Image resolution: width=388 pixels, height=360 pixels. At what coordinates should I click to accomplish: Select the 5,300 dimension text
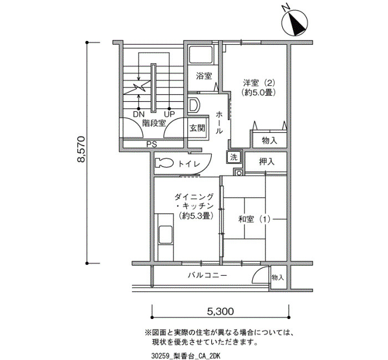point(220,311)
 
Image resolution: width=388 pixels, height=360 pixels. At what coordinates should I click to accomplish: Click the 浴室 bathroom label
point(204,76)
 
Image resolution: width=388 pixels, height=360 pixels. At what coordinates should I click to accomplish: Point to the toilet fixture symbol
point(164,163)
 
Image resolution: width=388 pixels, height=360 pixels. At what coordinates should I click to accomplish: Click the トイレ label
point(189,164)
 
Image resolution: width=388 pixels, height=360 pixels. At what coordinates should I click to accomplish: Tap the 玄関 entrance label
point(197,128)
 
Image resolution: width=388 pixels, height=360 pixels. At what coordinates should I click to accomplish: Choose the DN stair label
point(139,114)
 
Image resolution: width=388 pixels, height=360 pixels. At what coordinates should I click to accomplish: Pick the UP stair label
point(170,114)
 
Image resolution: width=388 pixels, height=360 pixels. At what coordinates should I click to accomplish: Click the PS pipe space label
point(151,144)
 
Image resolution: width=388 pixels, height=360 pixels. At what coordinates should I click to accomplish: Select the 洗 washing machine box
point(234,157)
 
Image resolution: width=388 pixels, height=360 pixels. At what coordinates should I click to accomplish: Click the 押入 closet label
point(267,162)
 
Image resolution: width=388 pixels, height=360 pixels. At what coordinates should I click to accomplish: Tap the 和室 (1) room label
point(254,219)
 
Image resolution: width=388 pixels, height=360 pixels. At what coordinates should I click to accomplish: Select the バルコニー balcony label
point(207,275)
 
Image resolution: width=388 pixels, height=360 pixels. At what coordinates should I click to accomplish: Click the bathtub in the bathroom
point(201,54)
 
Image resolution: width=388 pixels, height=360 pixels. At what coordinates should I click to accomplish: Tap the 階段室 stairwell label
point(154,123)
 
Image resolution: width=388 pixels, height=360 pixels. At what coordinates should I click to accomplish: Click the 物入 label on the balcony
point(278,277)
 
